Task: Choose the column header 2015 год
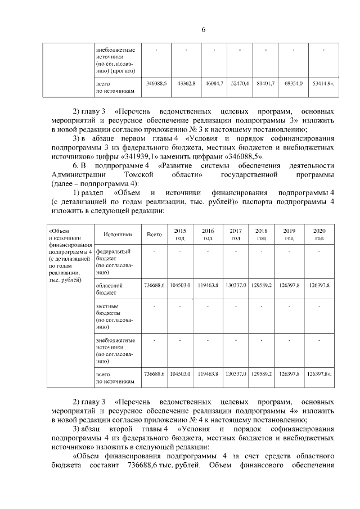point(180,235)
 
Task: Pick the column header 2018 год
point(262,235)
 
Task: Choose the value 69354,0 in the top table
point(293,83)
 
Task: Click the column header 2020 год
point(319,235)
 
